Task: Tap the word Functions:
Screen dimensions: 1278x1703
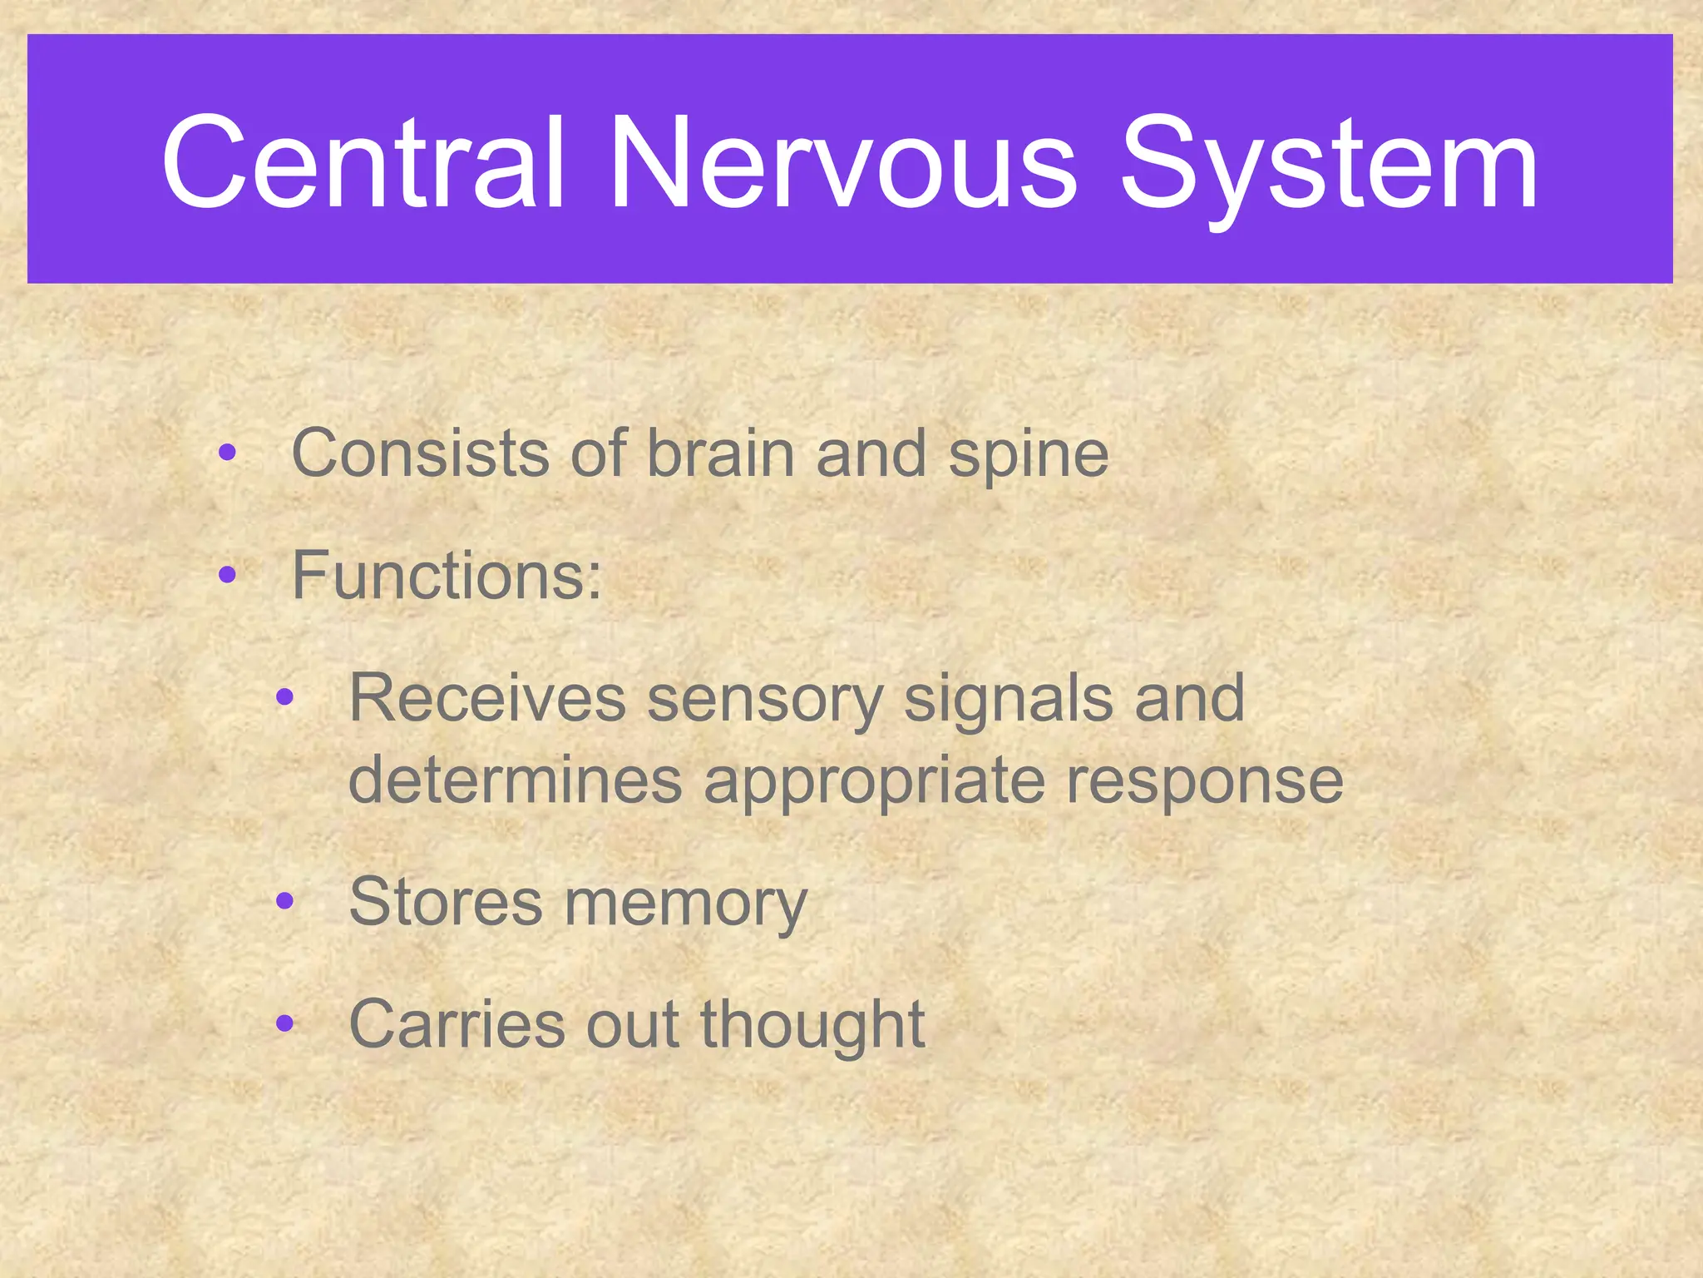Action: pos(447,576)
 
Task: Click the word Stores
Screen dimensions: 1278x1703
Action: pos(446,903)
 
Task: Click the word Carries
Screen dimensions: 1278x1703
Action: pos(457,1024)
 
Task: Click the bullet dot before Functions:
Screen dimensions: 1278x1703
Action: pos(227,575)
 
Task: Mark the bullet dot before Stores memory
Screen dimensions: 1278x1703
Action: pos(285,901)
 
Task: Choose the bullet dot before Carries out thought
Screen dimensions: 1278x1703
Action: pos(285,1023)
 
